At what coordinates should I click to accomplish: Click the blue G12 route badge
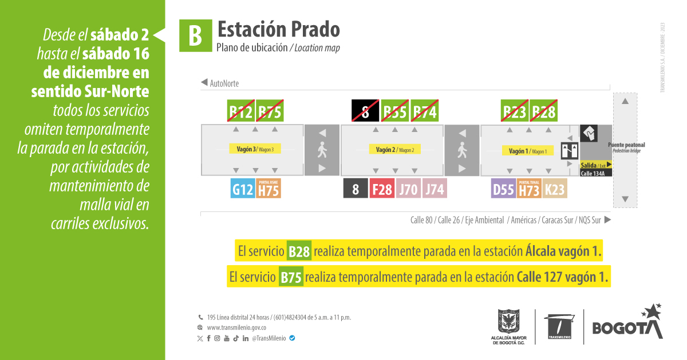tap(243, 189)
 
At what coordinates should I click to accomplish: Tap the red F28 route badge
tap(383, 189)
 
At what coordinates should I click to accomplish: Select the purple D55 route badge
tap(503, 189)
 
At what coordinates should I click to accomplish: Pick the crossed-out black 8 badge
tap(365, 111)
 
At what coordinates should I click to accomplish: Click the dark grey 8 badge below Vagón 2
tap(356, 189)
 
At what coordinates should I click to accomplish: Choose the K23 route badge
tap(555, 189)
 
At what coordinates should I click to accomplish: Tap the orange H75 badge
tap(269, 189)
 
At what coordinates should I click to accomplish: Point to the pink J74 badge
tap(435, 189)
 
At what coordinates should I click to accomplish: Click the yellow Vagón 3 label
tap(255, 149)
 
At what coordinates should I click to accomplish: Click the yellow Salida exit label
tap(596, 165)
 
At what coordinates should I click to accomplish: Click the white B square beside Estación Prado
tap(195, 36)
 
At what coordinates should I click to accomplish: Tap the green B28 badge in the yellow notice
tap(299, 251)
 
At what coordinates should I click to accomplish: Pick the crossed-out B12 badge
tap(241, 111)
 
